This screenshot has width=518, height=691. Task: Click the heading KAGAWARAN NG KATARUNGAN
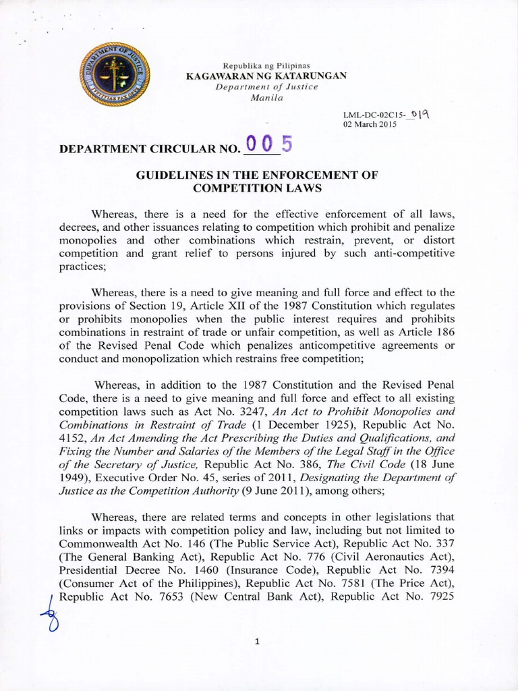pos(266,76)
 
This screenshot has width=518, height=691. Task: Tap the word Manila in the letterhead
pos(266,98)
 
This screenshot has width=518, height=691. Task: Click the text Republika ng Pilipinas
pos(266,65)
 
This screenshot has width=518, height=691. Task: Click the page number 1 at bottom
pos(257,643)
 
